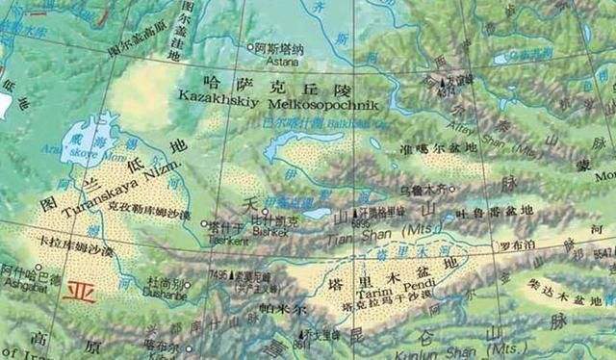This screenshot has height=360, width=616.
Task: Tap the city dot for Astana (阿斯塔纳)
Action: [247, 46]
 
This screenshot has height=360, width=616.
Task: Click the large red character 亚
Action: [79, 291]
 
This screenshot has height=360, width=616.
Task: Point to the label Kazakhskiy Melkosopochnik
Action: [275, 102]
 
